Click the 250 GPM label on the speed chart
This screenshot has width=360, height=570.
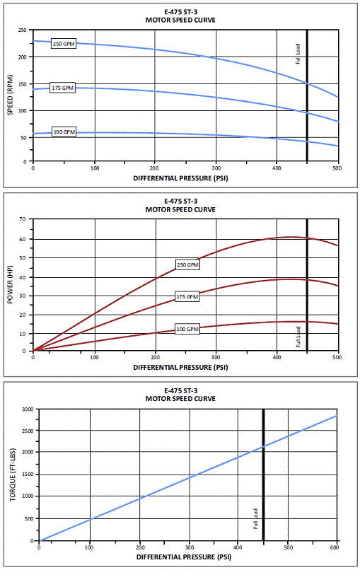coord(64,44)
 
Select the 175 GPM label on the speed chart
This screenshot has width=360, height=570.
coord(62,88)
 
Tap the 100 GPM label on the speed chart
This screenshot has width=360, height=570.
coord(64,132)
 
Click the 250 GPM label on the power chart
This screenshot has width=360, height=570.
coord(187,264)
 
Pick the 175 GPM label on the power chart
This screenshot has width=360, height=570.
coord(187,296)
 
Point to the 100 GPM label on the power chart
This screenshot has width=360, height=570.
coord(187,329)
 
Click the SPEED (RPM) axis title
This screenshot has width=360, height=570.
coord(10,95)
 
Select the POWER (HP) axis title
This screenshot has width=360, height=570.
coord(10,284)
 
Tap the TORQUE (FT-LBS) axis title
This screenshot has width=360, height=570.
coord(13,475)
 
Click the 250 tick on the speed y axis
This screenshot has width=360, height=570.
coord(23,30)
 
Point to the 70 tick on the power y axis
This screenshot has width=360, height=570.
coord(23,219)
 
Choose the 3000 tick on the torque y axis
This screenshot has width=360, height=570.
coord(28,409)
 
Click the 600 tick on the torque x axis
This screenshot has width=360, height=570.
coord(335,548)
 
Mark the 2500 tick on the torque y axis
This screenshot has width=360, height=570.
coord(28,431)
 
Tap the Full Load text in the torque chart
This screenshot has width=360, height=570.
coord(255,519)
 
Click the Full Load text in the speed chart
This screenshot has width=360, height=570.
coord(298,54)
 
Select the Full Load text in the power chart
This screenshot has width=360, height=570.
coord(298,337)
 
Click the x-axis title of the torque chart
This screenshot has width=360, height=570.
coord(184,557)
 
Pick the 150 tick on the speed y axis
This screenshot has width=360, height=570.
coord(23,84)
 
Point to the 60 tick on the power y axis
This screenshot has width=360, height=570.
coord(23,239)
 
